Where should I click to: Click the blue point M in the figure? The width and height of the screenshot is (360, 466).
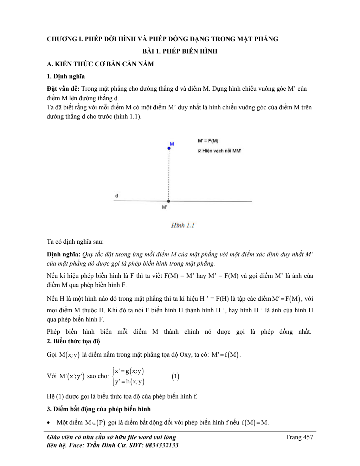(169, 148)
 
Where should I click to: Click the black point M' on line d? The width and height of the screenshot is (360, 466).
(169, 201)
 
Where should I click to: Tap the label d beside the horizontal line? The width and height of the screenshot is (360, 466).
(117, 195)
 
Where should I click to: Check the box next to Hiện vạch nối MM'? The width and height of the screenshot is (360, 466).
(199, 151)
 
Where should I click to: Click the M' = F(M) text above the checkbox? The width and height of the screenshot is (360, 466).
(208, 141)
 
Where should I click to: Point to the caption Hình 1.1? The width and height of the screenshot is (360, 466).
(183, 225)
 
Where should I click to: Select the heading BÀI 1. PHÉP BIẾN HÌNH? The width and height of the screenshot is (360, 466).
(180, 51)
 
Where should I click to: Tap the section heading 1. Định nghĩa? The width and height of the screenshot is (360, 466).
(66, 76)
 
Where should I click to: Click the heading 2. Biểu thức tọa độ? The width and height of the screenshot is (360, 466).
(73, 341)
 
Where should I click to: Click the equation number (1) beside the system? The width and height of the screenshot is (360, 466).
(175, 376)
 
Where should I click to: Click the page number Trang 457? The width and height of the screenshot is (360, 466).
(299, 437)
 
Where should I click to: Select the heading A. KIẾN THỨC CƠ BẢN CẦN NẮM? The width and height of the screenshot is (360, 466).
(100, 64)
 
